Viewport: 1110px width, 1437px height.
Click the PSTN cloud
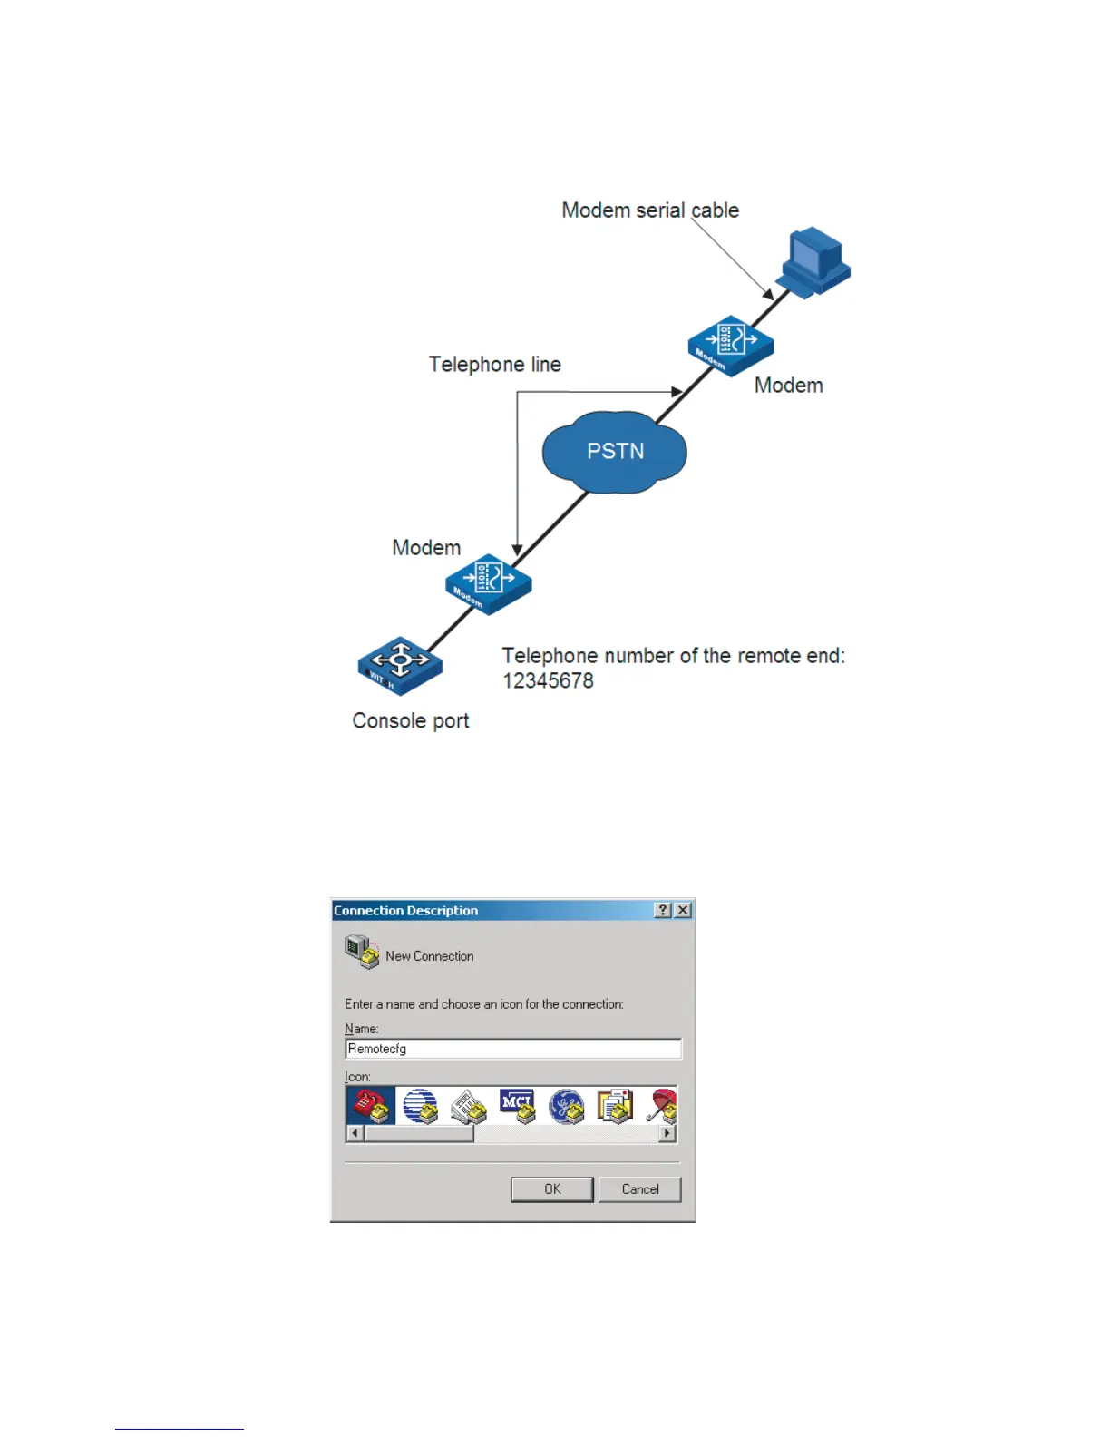614,452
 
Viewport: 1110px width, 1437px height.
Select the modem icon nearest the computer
731,344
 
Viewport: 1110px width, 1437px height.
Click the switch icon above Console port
400,666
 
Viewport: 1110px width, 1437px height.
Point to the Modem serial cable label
649,210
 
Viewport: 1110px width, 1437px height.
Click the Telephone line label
494,365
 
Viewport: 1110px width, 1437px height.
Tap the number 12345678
548,681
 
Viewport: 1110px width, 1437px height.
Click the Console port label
410,721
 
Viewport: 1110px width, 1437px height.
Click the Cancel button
639,1189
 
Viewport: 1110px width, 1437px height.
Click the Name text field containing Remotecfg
512,1049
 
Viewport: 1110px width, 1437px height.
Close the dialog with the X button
684,910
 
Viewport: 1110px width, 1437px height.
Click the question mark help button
663,910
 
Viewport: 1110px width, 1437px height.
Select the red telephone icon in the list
371,1106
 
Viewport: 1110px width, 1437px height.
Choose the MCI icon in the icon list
518,1106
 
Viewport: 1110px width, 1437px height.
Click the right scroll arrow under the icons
668,1133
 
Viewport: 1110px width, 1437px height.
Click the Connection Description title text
405,911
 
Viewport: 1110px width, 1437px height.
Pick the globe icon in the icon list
420,1106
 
